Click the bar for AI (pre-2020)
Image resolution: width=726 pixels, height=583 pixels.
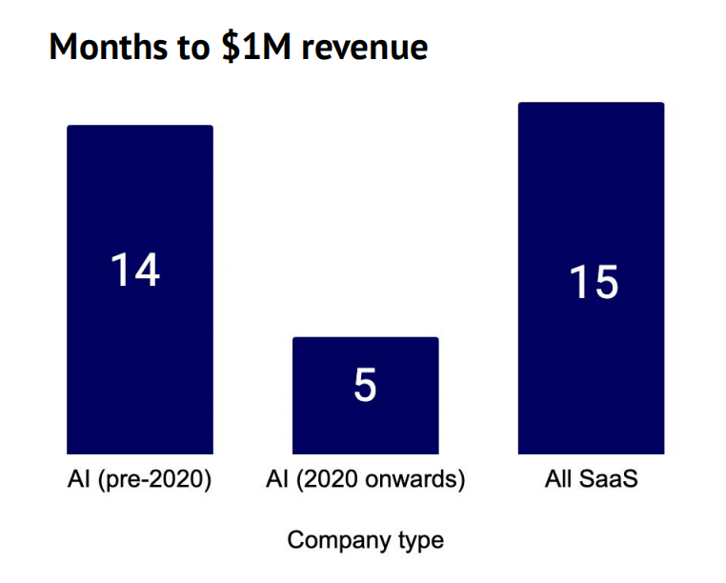pyautogui.click(x=139, y=362)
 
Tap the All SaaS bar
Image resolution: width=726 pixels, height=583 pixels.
pyautogui.click(x=591, y=372)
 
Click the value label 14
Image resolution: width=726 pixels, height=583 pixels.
pyautogui.click(x=135, y=271)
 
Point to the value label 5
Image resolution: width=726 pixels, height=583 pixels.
pyautogui.click(x=365, y=386)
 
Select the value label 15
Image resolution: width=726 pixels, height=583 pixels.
pyautogui.click(x=594, y=283)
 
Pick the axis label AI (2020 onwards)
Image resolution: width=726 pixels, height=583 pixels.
pyautogui.click(x=366, y=479)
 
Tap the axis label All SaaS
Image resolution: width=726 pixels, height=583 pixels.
pyautogui.click(x=591, y=479)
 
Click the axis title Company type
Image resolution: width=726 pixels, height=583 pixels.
pyautogui.click(x=365, y=540)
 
